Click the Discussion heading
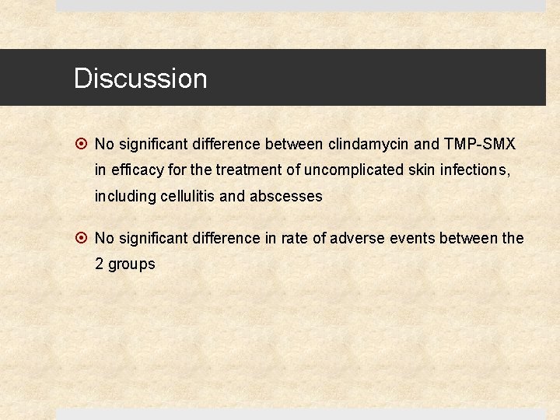click(140, 79)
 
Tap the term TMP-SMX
click(480, 144)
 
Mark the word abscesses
click(285, 197)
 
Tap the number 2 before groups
click(100, 264)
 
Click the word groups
click(131, 264)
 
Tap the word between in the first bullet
click(295, 144)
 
